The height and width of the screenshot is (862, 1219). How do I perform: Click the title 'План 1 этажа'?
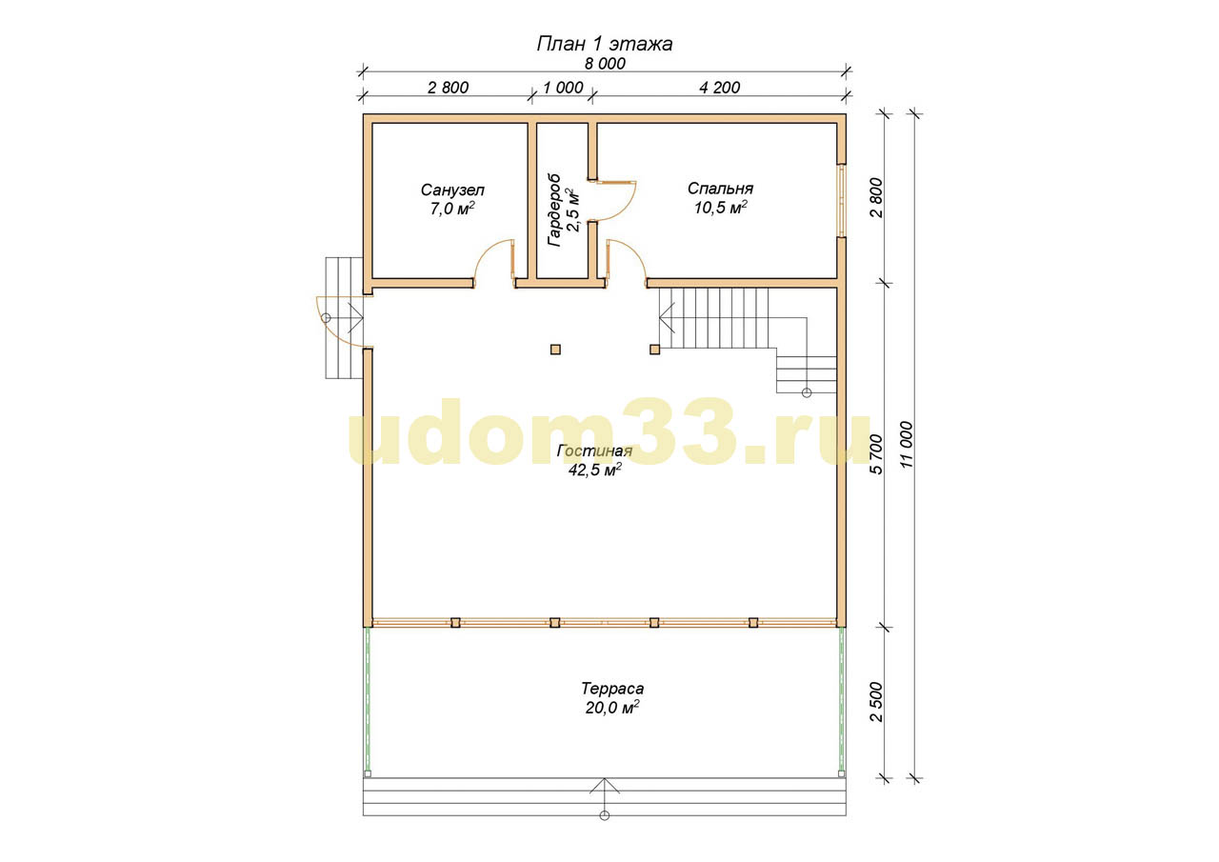point(605,44)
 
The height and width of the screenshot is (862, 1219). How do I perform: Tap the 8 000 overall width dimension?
point(605,64)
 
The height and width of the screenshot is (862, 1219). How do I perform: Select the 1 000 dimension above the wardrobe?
point(563,88)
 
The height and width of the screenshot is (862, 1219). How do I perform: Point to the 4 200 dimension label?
point(719,88)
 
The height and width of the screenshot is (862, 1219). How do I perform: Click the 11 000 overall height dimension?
point(907,445)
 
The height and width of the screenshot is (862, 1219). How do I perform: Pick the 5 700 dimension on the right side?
point(876,454)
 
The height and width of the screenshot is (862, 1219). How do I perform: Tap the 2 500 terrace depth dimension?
point(876,702)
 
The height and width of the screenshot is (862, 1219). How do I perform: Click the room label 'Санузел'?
point(452,190)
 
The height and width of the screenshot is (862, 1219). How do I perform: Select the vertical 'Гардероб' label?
point(554,210)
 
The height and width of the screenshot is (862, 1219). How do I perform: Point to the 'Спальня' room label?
point(720,189)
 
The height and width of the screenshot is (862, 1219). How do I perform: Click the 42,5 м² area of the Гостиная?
point(595,470)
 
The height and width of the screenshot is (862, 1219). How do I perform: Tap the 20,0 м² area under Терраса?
point(612,708)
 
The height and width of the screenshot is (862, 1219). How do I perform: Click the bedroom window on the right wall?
point(841,201)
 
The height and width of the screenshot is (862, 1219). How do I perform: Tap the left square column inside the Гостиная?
point(555,350)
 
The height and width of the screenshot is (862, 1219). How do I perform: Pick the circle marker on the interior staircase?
point(807,393)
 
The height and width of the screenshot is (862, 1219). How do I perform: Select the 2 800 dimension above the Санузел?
point(448,88)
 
